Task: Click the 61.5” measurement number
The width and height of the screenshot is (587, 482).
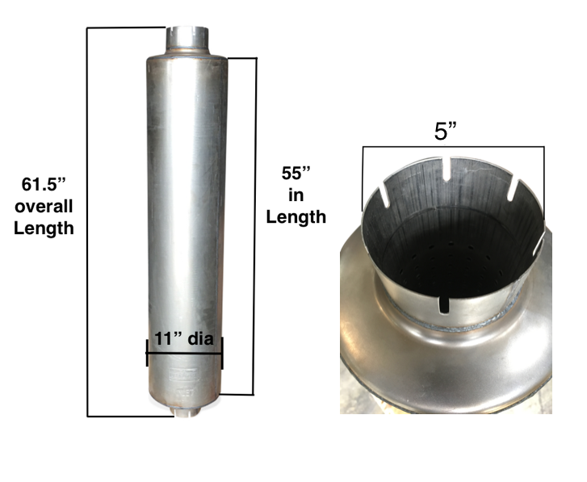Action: pos(44,185)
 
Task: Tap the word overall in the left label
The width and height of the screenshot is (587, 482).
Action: pos(44,206)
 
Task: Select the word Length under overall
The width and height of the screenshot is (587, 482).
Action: pos(44,228)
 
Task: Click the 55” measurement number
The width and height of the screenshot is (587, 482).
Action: pos(296,174)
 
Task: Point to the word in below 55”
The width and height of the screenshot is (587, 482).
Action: pos(296,195)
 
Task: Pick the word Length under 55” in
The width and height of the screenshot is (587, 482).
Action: pos(296,217)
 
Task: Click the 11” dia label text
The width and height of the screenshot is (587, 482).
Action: pos(184,338)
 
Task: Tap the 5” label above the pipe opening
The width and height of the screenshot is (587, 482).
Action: pos(446,132)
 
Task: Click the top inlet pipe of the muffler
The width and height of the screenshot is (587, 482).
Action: pos(187,40)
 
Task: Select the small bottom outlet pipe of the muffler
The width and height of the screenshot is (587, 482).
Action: pos(186,413)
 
